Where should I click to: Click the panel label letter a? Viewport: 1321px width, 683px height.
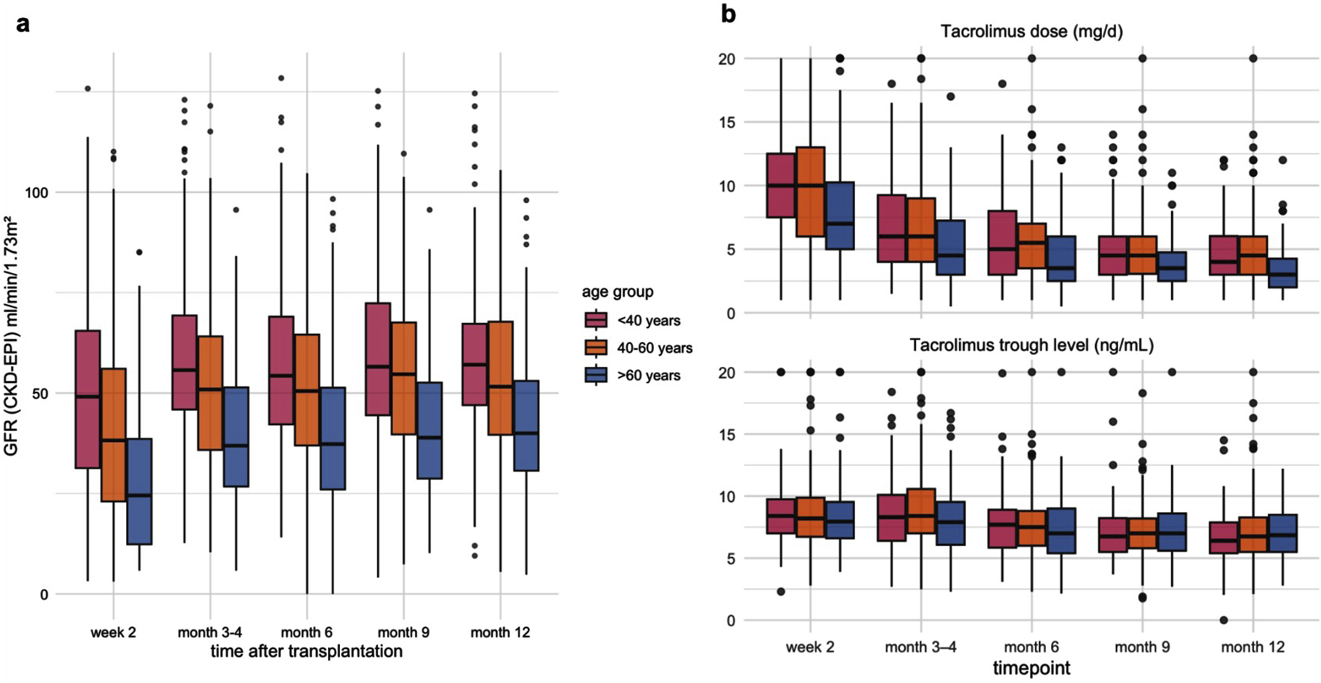(23, 24)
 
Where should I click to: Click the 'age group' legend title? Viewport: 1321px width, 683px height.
(618, 292)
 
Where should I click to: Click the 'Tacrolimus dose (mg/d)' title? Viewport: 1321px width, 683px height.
(1031, 31)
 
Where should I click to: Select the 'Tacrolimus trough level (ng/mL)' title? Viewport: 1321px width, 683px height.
(1031, 344)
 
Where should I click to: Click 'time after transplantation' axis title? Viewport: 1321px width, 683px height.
(306, 651)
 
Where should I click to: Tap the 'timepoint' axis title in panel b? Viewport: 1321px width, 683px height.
(1031, 668)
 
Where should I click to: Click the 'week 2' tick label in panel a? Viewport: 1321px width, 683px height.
(113, 632)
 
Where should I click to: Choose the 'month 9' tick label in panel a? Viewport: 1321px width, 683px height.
(403, 632)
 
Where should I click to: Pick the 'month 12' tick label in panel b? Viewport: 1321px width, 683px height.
(1252, 647)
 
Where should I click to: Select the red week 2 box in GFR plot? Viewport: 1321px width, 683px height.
(88, 399)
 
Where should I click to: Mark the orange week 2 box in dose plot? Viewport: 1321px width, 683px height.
(810, 192)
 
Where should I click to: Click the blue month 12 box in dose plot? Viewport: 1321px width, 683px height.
(1283, 273)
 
